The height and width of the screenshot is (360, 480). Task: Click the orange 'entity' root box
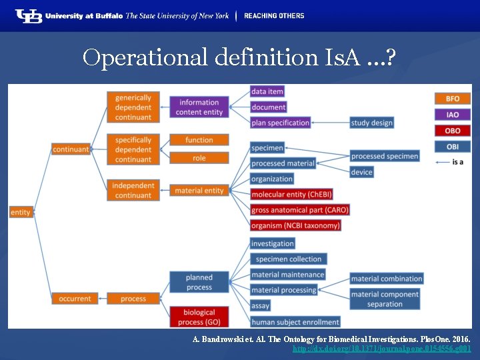pyautogui.click(x=21, y=212)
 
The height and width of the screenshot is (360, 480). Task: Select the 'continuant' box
pyautogui.click(x=71, y=149)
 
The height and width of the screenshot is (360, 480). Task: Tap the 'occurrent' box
pyautogui.click(x=75, y=299)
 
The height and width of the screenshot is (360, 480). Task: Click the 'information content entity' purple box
pyautogui.click(x=199, y=107)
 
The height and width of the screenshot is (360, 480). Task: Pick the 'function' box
pyautogui.click(x=199, y=140)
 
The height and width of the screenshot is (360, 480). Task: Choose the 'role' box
pyautogui.click(x=199, y=158)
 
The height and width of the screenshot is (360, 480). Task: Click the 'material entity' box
pyautogui.click(x=199, y=191)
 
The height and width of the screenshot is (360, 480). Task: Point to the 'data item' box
pyautogui.click(x=267, y=91)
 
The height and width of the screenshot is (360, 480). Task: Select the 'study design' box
pyautogui.click(x=371, y=123)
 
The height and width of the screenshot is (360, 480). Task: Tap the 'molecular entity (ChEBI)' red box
pyautogui.click(x=291, y=194)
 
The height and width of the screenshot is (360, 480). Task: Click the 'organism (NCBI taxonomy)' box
pyautogui.click(x=295, y=225)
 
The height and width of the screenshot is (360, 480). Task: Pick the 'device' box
pyautogui.click(x=361, y=172)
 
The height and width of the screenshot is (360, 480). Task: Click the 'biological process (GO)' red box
pyautogui.click(x=199, y=317)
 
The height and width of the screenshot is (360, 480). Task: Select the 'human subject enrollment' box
pyautogui.click(x=295, y=322)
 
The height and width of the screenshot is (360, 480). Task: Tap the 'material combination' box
pyautogui.click(x=387, y=279)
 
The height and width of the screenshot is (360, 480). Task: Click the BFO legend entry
pyautogui.click(x=452, y=99)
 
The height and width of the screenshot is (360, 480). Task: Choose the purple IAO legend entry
pyautogui.click(x=452, y=115)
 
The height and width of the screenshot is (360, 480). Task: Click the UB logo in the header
pyautogui.click(x=29, y=16)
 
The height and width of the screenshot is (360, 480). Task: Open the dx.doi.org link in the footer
pyautogui.click(x=382, y=349)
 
